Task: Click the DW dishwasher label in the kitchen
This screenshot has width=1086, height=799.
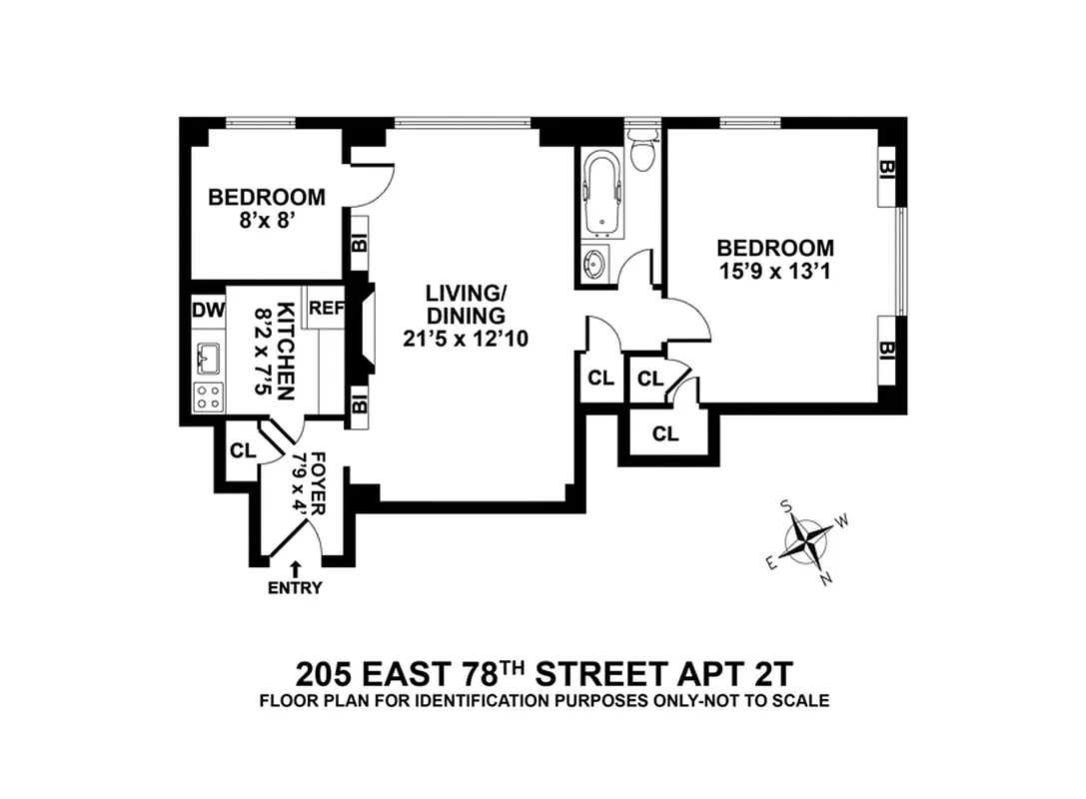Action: [x=207, y=310]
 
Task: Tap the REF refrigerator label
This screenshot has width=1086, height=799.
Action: [x=326, y=309]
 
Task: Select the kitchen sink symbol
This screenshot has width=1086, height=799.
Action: [x=210, y=356]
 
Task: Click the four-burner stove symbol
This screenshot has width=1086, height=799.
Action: [x=209, y=396]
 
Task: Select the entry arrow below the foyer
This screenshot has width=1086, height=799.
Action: [x=295, y=568]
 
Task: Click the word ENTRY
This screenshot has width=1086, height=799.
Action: [x=295, y=588]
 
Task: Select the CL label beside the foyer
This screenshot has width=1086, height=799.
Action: [x=242, y=449]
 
